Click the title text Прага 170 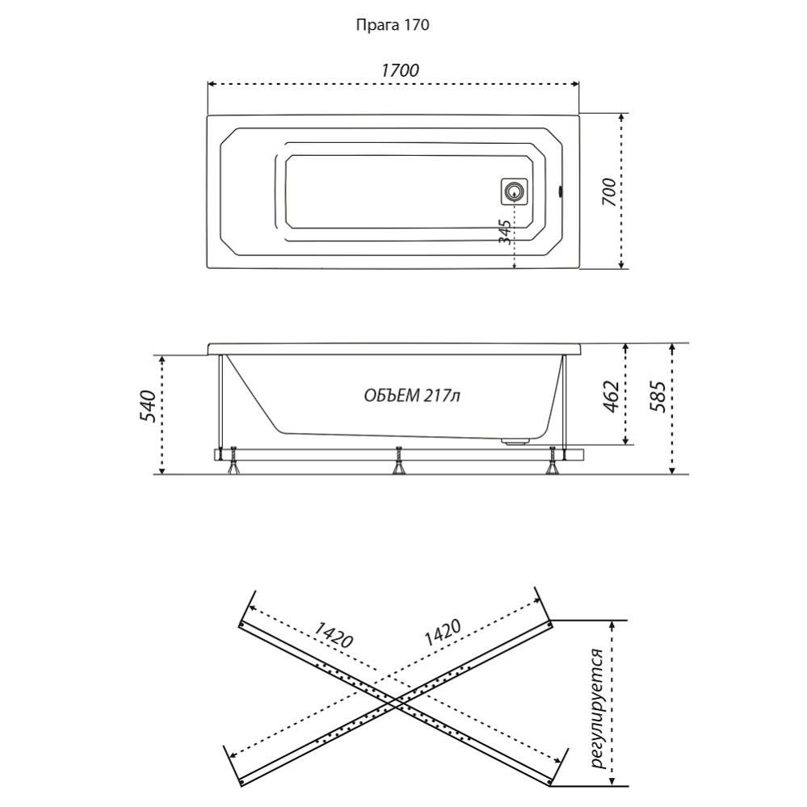(x=393, y=25)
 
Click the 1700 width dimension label (x=400, y=70)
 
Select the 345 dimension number (x=505, y=233)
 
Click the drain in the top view (x=514, y=192)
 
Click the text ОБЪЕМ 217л (x=412, y=395)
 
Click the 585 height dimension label (x=658, y=397)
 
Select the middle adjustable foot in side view (x=397, y=462)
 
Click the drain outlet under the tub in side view (x=514, y=441)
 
